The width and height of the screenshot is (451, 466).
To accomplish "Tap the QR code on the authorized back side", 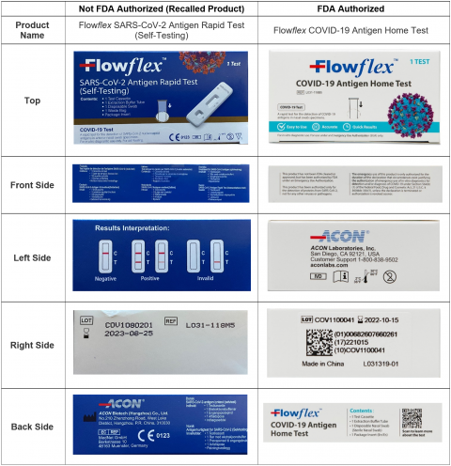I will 411,419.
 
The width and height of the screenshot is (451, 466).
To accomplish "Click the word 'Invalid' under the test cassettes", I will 212,288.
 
